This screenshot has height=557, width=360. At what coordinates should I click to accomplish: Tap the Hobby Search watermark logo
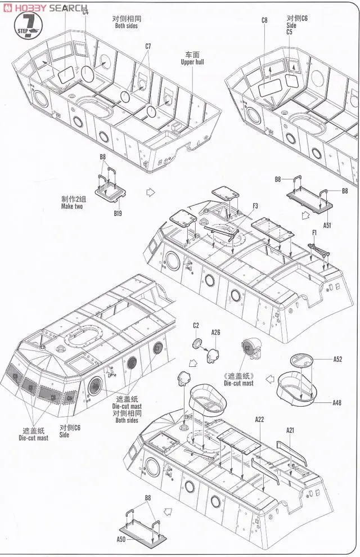(45, 8)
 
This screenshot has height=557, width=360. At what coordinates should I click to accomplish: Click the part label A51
(327, 225)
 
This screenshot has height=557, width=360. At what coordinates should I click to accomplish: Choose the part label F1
(314, 232)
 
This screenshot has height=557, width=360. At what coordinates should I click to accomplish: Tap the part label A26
(216, 333)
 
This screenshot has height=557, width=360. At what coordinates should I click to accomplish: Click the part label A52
(337, 358)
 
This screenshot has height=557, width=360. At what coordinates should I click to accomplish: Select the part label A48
(337, 402)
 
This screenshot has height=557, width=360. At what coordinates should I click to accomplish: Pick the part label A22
(259, 419)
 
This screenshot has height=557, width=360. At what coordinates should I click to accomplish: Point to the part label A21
(290, 430)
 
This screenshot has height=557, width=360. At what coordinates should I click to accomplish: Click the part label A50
(120, 538)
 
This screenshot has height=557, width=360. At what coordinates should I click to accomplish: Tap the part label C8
(264, 20)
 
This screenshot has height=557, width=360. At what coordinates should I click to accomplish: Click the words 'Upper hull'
(192, 62)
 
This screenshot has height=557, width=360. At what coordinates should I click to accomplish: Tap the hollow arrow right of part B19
(150, 192)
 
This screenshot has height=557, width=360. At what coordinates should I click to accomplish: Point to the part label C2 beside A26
(196, 326)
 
